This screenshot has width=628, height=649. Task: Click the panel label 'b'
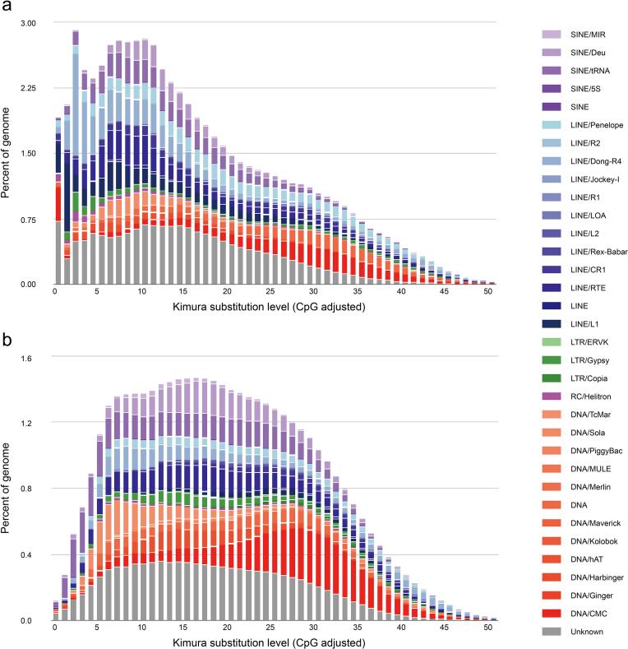pyautogui.click(x=6, y=338)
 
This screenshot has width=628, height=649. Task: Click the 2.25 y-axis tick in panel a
pyautogui.click(x=29, y=88)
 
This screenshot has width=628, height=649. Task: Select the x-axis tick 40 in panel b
pyautogui.click(x=402, y=628)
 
